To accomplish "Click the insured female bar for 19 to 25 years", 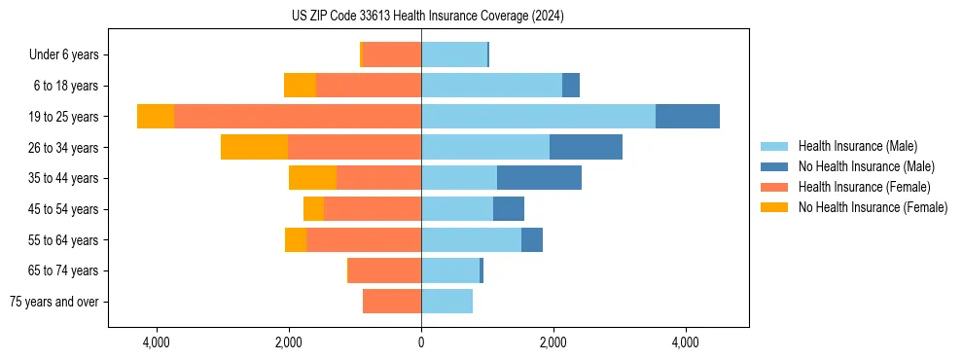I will point(298,117).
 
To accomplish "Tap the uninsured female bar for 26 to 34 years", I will point(254,147).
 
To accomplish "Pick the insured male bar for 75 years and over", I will point(446,302).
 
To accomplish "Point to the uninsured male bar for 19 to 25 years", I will point(687,117).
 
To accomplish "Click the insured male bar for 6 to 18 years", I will point(491,86).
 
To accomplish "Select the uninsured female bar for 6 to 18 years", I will point(300,86).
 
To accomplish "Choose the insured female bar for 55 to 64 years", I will point(364,240).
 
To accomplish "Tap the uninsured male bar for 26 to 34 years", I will point(586,147).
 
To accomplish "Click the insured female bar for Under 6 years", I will point(392,54).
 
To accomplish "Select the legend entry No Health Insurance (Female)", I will point(873,207).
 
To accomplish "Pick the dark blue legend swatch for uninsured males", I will point(775,166).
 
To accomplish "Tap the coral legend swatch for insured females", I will point(775,187).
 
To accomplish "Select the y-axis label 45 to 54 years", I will point(64,209).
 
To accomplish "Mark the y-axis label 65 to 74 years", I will point(64,270).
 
